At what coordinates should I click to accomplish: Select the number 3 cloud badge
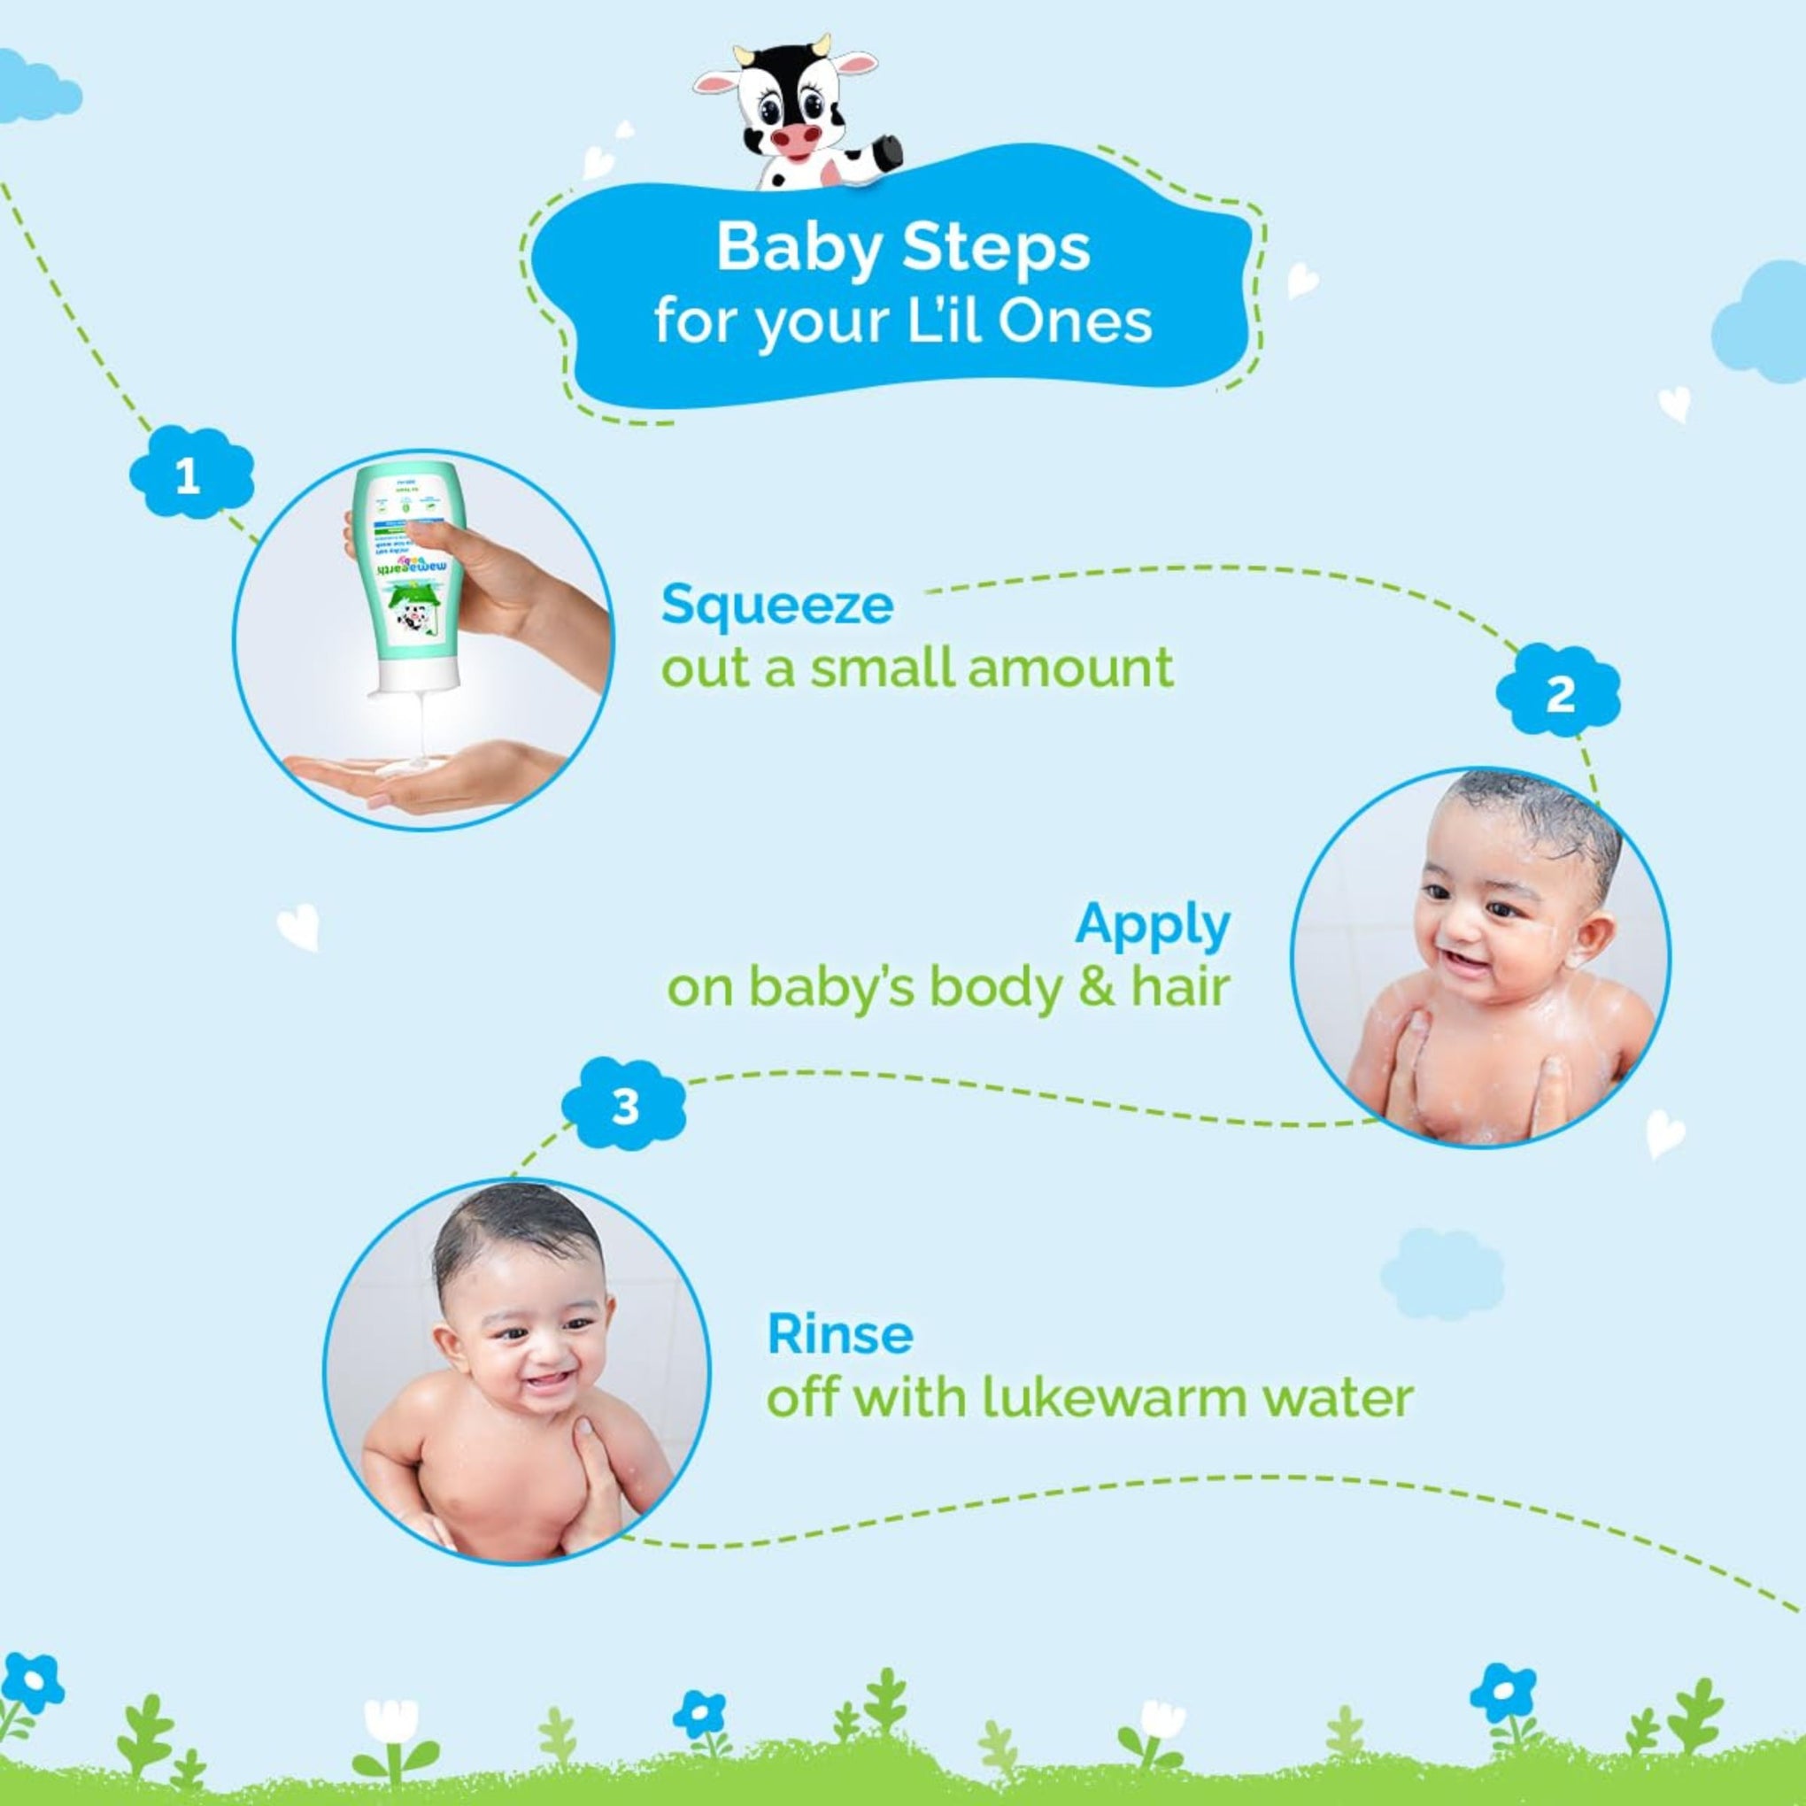pos(624,1106)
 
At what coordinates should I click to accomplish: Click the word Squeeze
pos(776,606)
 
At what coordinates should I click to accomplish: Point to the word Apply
pos(1152,925)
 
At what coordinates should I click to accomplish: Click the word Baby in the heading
pos(799,249)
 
